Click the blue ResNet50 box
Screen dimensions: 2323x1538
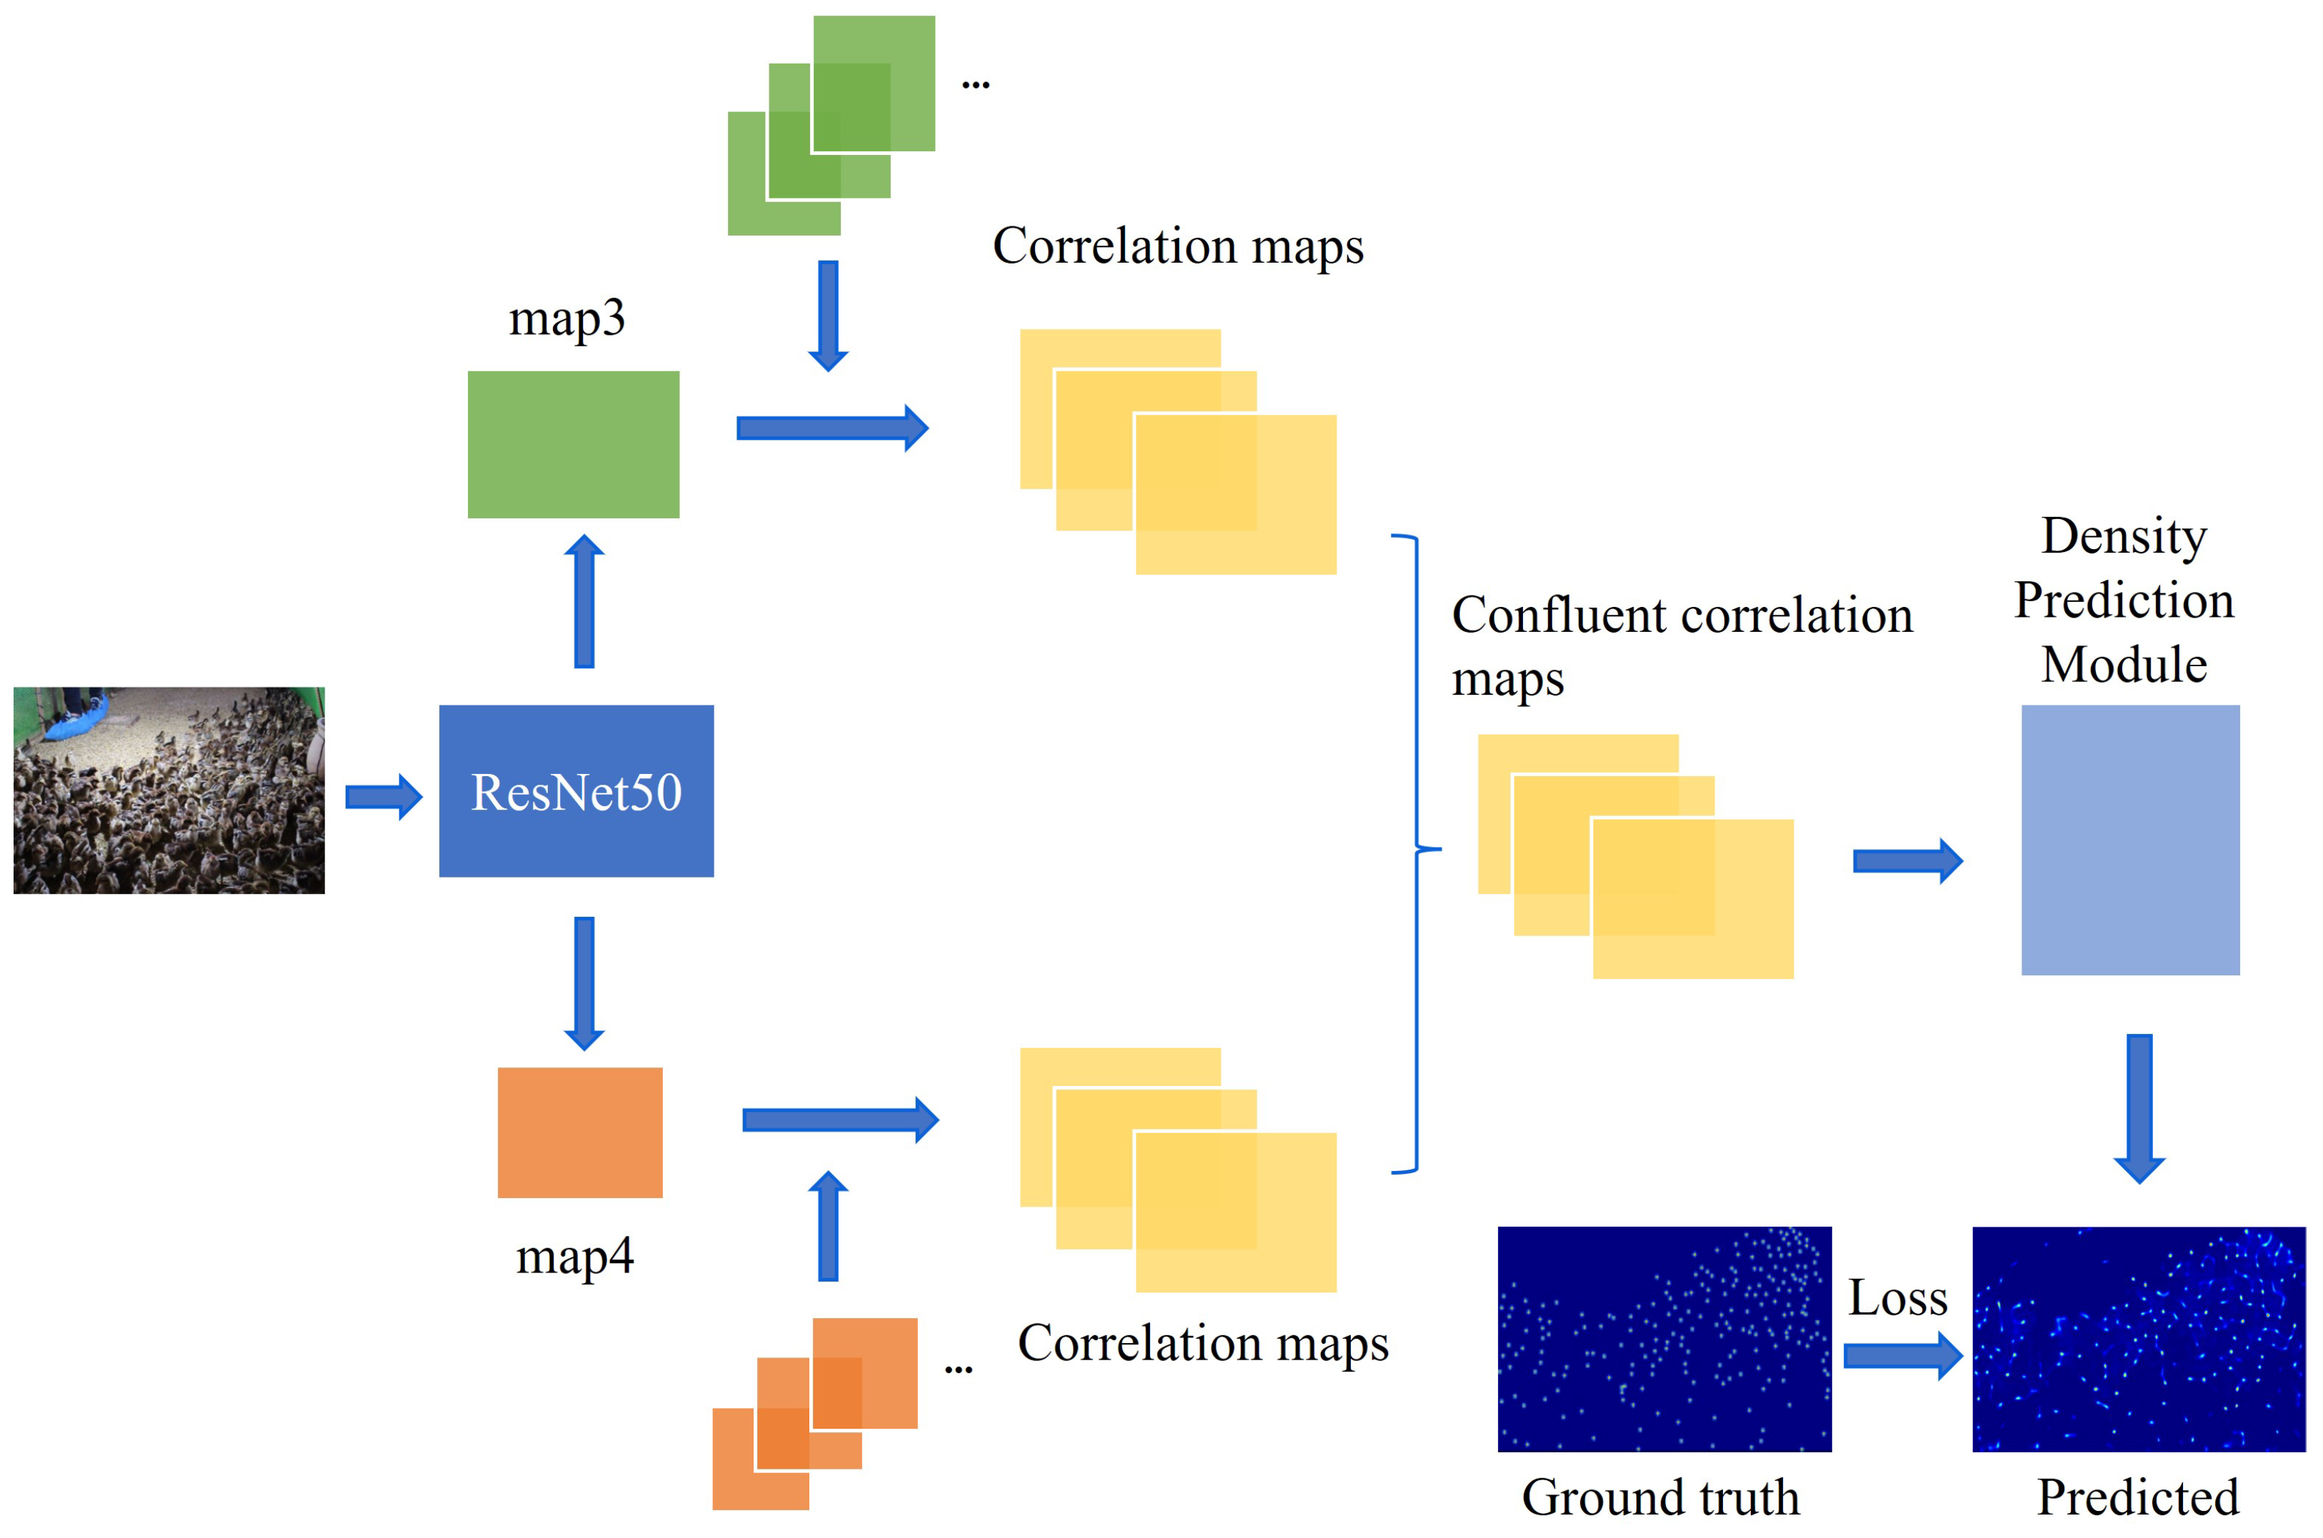[576, 790]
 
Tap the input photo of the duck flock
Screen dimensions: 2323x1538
[169, 790]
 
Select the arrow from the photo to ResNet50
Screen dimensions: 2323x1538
[384, 796]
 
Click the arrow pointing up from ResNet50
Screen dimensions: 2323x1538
[584, 601]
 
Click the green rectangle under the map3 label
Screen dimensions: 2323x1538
[573, 444]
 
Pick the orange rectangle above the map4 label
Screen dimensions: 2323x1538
[580, 1132]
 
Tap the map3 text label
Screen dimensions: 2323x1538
[567, 318]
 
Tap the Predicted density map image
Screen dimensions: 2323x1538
[2139, 1339]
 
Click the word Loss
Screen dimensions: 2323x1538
[1897, 1297]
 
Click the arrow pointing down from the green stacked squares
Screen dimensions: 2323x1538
[828, 316]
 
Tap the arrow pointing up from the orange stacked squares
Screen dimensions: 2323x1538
[828, 1226]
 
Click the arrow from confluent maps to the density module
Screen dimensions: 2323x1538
[1907, 861]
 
